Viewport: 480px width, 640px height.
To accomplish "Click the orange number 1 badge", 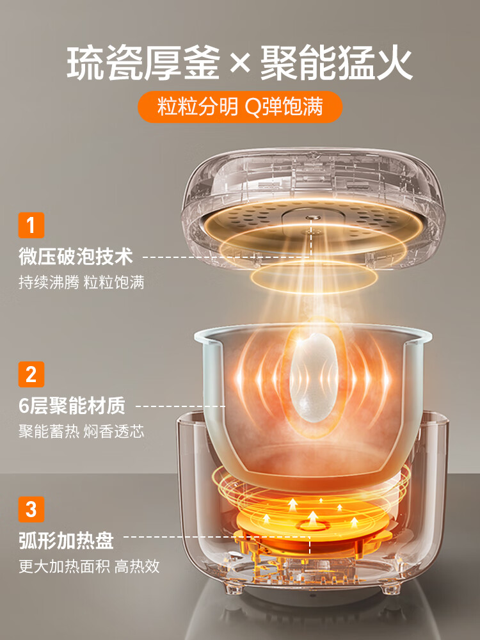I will coord(31,227).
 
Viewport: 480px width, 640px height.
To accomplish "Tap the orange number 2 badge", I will coord(31,374).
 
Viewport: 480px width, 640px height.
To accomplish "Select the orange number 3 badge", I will coord(31,510).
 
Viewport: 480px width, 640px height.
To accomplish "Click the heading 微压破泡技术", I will coord(76,257).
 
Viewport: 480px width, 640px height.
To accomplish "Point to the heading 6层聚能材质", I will coord(71,406).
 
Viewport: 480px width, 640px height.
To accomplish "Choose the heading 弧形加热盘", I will coord(66,541).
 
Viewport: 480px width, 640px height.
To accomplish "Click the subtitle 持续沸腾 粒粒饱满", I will coord(81,282).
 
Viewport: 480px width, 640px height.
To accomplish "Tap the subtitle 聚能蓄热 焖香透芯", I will coord(81,431).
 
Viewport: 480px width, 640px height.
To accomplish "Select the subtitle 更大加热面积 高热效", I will coord(89,566).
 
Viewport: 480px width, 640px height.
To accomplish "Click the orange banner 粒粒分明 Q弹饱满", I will coord(240,107).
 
